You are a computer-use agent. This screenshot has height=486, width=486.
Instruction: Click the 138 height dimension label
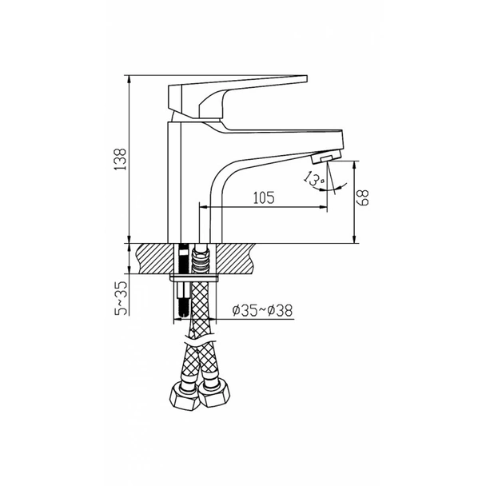120,159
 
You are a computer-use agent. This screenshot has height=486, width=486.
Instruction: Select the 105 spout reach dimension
264,197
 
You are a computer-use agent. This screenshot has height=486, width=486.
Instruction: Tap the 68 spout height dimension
363,197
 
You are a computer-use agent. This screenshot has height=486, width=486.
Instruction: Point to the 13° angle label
314,178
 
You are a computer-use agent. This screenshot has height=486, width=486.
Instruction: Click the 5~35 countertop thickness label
121,298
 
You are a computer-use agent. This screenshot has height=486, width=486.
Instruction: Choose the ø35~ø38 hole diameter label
262,310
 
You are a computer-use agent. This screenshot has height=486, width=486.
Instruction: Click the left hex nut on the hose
183,397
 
